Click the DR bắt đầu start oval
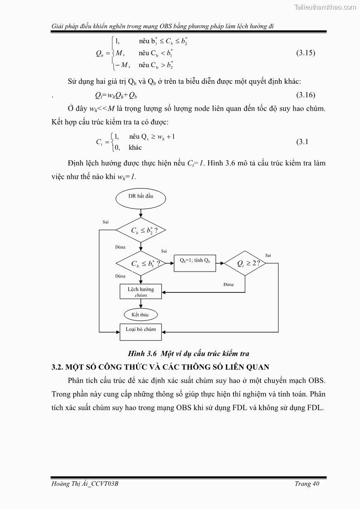(x=141, y=196)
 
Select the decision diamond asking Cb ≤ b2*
(x=141, y=230)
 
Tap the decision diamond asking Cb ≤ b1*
(x=141, y=263)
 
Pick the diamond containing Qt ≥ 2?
(x=245, y=263)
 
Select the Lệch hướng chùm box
(x=141, y=292)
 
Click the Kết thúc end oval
(x=141, y=315)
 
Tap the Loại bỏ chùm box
(x=141, y=330)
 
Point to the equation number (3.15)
(x=306, y=53)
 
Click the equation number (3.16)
(x=306, y=95)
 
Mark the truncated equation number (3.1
(x=302, y=142)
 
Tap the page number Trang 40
(x=307, y=484)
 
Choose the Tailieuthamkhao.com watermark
(x=325, y=7)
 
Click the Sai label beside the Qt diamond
(x=268, y=255)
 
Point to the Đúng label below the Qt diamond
(x=229, y=284)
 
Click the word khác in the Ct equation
(x=135, y=148)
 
